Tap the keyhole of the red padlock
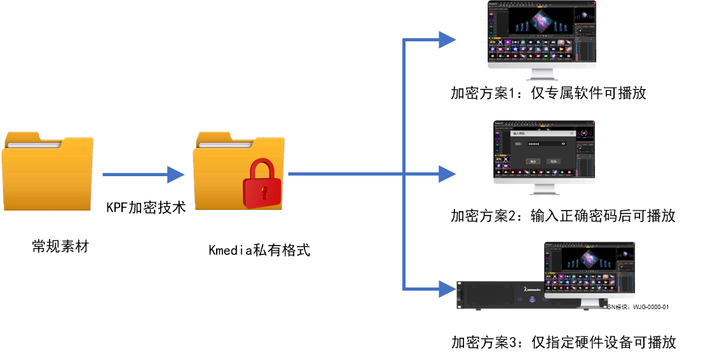point(264,190)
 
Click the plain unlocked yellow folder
point(47,171)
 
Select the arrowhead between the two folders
point(175,174)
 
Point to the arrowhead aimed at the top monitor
point(447,39)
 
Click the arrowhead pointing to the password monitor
point(447,174)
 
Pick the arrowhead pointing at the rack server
point(447,289)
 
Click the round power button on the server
point(530,298)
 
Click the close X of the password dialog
point(571,133)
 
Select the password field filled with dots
point(544,144)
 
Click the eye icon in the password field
point(563,144)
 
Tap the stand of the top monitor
point(542,74)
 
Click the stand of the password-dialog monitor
point(544,190)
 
